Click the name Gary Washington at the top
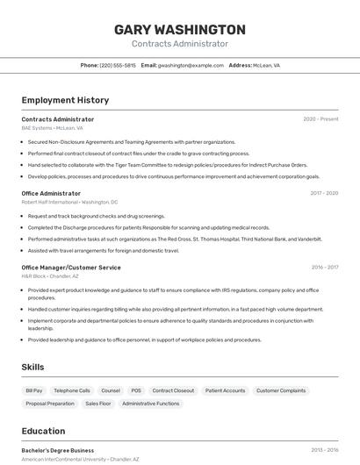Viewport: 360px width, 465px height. [x=180, y=30]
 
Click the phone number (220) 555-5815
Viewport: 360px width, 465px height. [x=118, y=65]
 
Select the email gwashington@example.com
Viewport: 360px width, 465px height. [x=191, y=65]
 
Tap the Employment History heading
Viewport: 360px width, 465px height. [x=65, y=100]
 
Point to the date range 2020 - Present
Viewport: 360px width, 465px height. [x=320, y=119]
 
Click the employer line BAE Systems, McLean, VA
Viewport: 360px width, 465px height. [x=53, y=128]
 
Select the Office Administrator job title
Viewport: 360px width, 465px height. [x=51, y=193]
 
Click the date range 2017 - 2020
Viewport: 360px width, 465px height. [x=324, y=193]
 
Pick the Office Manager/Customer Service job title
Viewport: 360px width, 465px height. [x=71, y=267]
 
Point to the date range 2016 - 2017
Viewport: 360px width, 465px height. [x=324, y=267]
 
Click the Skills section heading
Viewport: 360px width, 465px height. [x=32, y=367]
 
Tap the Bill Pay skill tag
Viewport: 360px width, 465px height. [x=34, y=390]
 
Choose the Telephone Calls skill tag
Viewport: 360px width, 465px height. [x=72, y=390]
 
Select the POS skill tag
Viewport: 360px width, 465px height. [x=136, y=390]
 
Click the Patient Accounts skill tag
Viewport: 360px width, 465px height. [x=226, y=390]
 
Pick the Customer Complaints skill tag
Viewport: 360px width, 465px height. [x=281, y=390]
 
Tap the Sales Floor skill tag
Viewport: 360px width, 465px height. [x=98, y=404]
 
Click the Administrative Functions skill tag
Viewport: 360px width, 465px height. [x=151, y=404]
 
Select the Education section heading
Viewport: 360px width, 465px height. [x=43, y=431]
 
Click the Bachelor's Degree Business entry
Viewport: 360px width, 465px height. [x=58, y=450]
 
